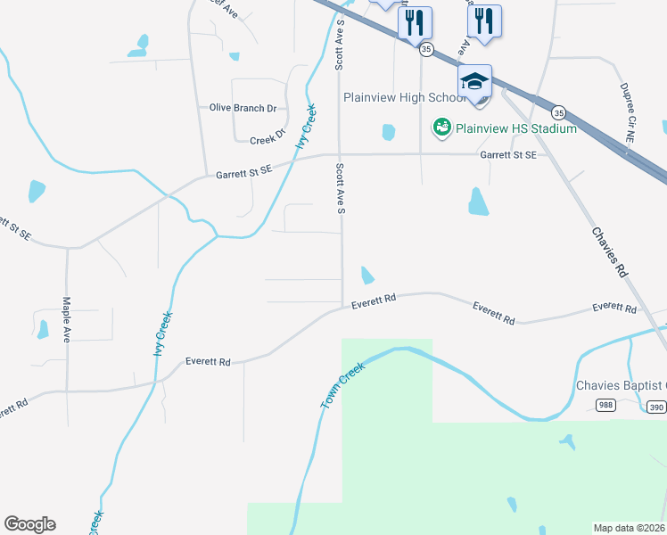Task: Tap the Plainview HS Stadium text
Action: pos(516,128)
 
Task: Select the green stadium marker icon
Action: pos(441,128)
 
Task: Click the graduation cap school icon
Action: pos(475,82)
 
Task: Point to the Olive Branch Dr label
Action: pos(243,108)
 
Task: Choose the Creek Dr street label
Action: pos(267,140)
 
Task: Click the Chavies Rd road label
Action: pos(611,251)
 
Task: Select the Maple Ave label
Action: pos(66,320)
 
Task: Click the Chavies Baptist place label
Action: pos(621,385)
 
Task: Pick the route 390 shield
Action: pos(656,407)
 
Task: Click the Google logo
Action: pos(29,524)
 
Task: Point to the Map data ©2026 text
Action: pos(629,528)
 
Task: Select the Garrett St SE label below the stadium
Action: pos(508,154)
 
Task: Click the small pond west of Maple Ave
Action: pos(43,330)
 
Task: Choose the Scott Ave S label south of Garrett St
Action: pos(340,188)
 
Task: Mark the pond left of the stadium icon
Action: pos(388,132)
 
